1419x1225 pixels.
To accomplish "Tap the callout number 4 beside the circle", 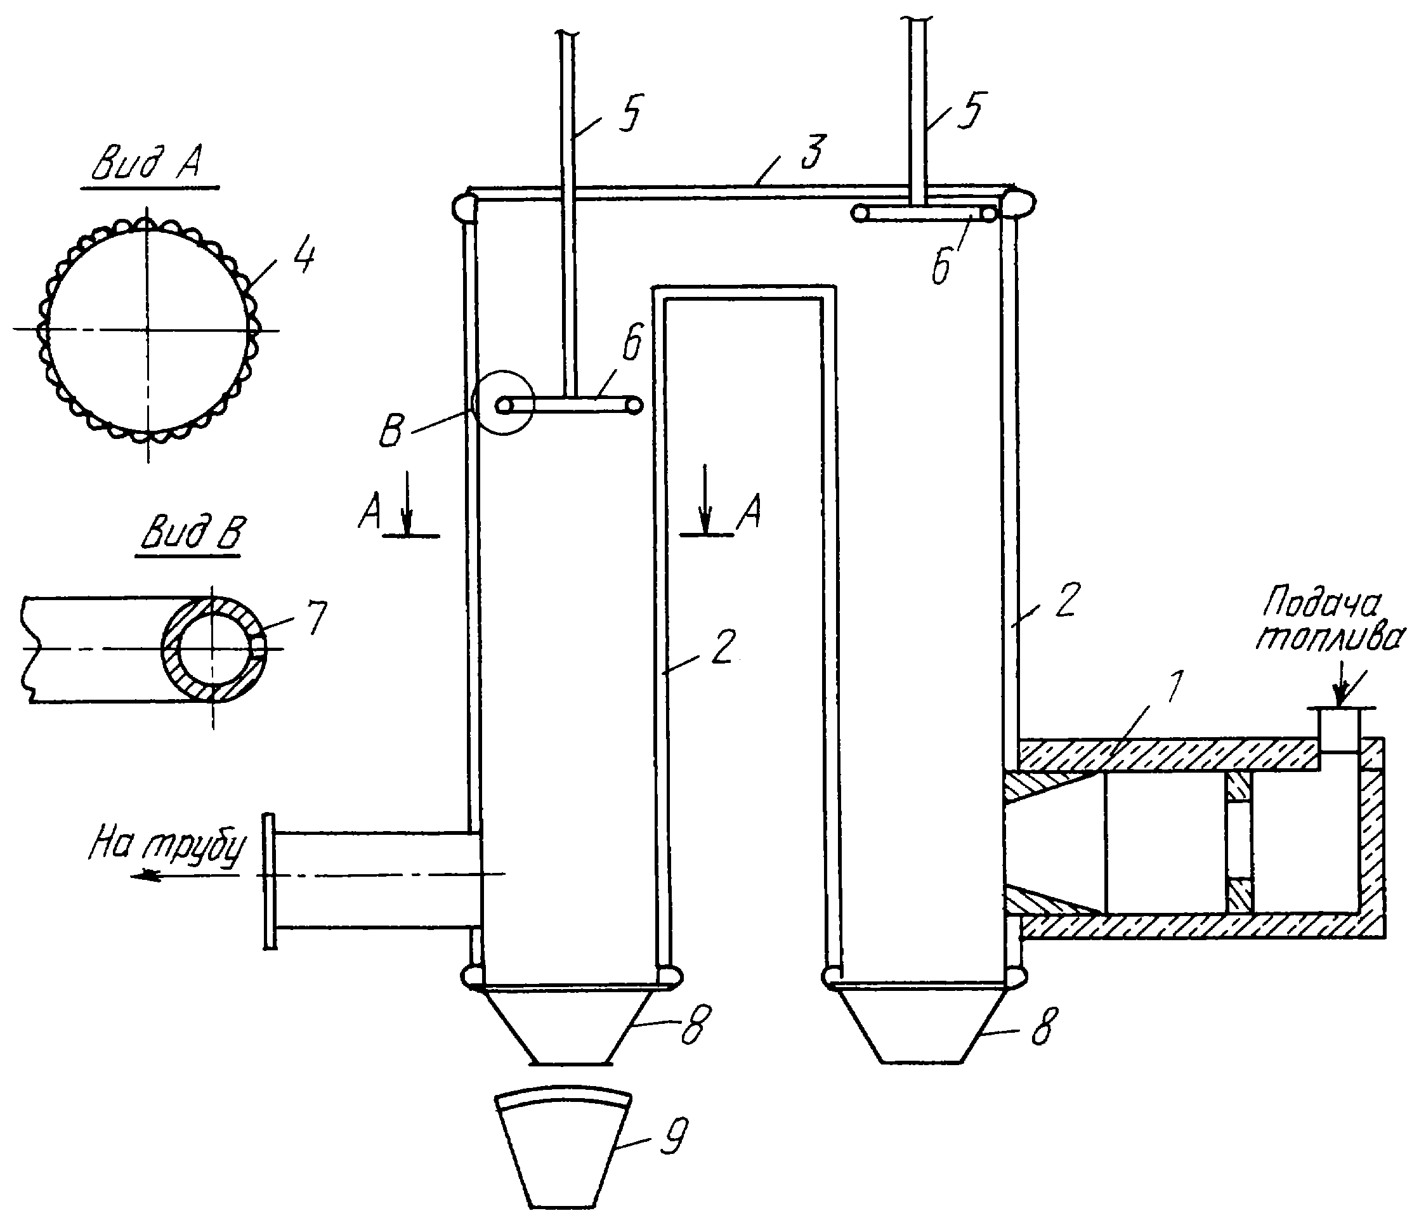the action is pos(303,258).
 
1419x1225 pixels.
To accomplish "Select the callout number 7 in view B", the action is pos(315,619).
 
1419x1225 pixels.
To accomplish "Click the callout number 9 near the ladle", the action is pos(672,1137).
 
